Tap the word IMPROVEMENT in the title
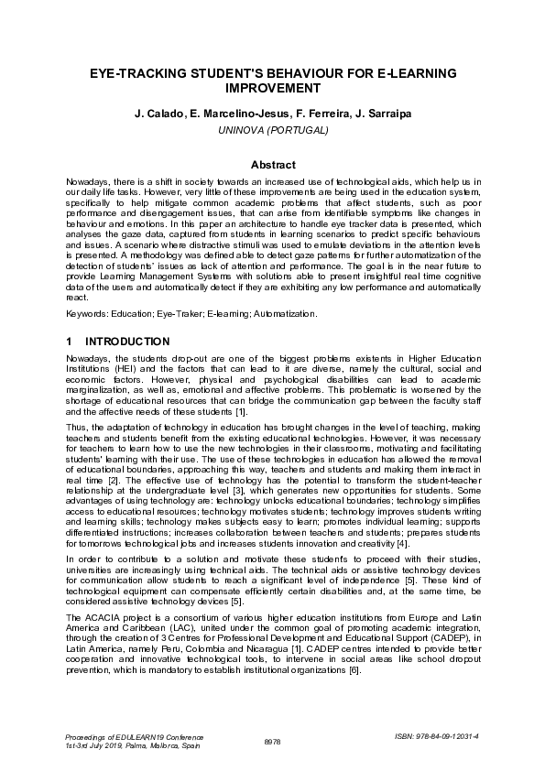point(273,88)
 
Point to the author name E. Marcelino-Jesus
point(225,114)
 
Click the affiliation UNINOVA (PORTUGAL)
point(273,130)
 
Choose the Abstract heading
point(273,165)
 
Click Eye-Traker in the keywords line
point(191,314)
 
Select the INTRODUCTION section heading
point(134,342)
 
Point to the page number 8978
point(272,741)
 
